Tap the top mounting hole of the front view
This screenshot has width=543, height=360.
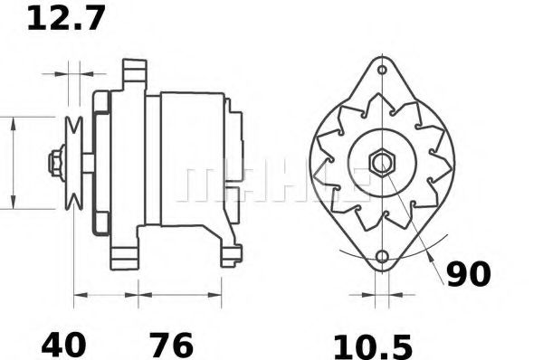pos(382,70)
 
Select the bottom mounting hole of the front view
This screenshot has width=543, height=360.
pos(381,260)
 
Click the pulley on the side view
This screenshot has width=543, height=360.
pos(75,163)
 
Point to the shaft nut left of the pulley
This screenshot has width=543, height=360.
pos(54,163)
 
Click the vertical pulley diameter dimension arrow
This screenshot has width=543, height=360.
pos(14,163)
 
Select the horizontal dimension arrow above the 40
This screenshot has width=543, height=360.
pos(105,295)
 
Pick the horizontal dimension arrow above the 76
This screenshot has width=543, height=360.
pos(179,295)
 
